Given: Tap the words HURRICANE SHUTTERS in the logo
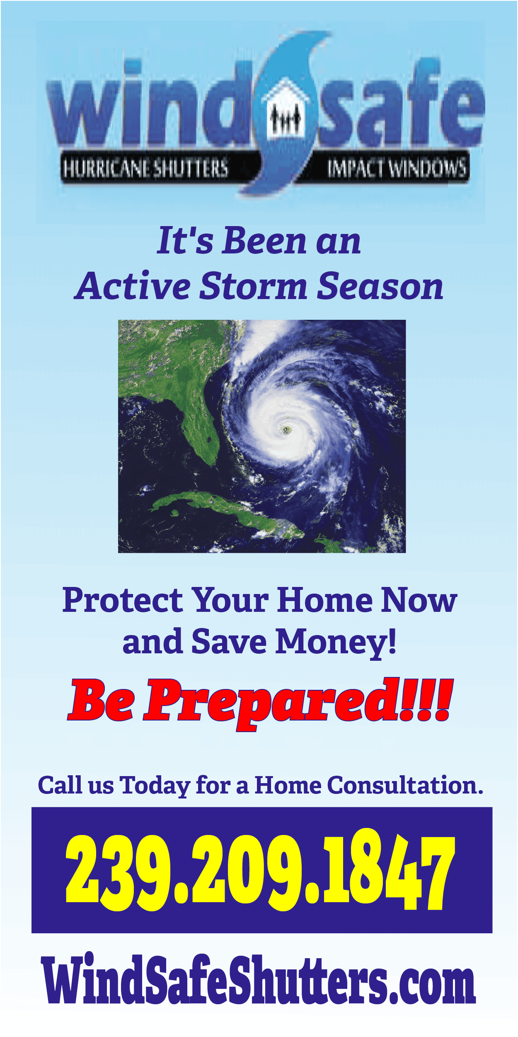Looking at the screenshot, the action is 145,168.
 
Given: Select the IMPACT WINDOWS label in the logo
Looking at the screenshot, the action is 397,168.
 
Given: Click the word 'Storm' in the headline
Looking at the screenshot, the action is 253,286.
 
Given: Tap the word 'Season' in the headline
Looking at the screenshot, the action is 380,286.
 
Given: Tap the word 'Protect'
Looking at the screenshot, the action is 123,601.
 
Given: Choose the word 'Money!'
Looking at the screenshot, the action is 336,642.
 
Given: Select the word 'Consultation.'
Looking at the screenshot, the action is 405,785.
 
